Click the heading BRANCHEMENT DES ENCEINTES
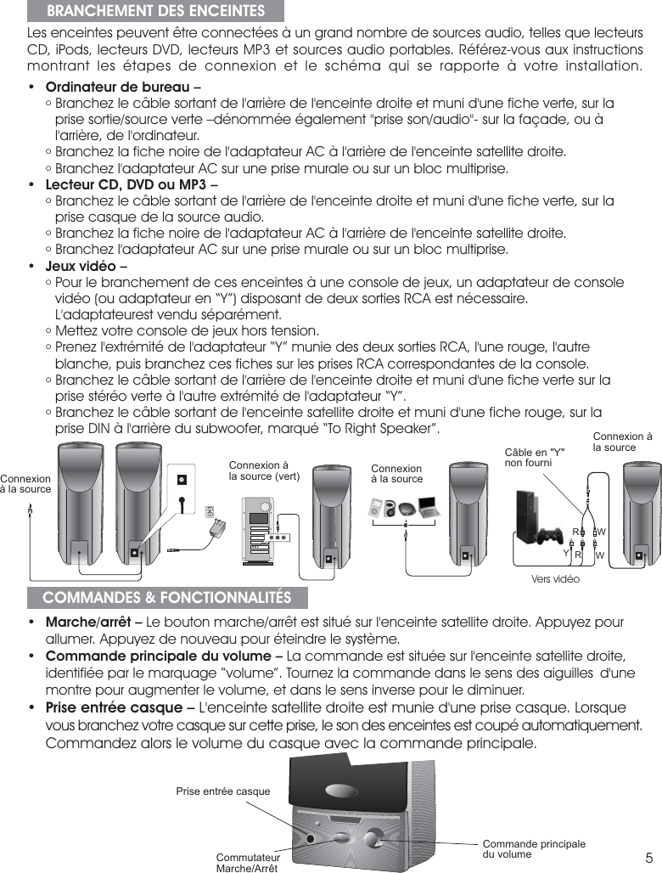coord(154,11)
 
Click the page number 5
coord(648,855)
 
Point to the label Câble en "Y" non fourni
coord(536,458)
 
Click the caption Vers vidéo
coord(554,578)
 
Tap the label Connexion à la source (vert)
coord(264,470)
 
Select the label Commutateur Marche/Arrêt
coord(247,863)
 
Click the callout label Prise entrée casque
coord(222,791)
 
